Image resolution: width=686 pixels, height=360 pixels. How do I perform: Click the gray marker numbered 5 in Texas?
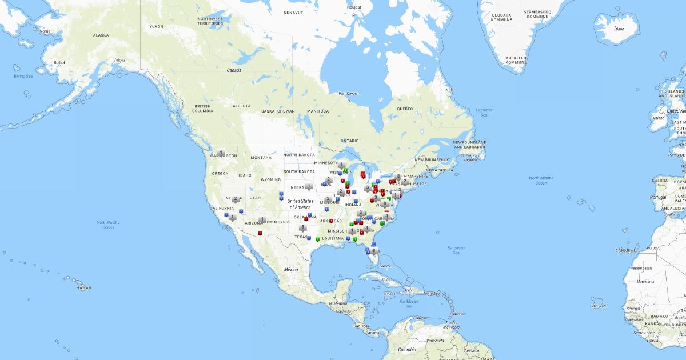(x=302, y=228)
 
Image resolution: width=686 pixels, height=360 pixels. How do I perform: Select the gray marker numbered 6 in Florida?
(x=374, y=250)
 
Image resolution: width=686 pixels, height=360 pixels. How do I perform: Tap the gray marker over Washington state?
(x=221, y=153)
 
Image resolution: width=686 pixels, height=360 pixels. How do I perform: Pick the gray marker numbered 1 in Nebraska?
(x=309, y=186)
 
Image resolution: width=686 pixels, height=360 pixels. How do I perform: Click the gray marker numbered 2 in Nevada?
(x=236, y=199)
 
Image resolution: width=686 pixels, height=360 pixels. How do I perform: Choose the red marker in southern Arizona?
(x=260, y=233)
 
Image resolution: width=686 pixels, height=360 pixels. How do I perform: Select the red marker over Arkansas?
(x=331, y=221)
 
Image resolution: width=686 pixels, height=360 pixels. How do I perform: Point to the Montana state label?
(x=261, y=157)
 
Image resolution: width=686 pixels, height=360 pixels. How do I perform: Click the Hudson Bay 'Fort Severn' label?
(x=348, y=93)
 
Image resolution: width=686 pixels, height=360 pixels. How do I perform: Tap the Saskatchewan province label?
(x=278, y=111)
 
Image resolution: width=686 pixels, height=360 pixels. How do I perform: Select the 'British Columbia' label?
(x=203, y=109)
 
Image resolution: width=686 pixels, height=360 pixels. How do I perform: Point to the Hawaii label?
(x=84, y=287)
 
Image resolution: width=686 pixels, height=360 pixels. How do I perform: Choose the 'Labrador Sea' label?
(x=484, y=112)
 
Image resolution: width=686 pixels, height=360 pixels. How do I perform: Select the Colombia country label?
(x=408, y=349)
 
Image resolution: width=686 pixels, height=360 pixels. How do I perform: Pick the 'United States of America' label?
(x=301, y=203)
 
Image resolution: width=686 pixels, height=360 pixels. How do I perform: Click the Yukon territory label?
(x=156, y=26)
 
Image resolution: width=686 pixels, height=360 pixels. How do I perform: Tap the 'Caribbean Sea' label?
(x=409, y=303)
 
